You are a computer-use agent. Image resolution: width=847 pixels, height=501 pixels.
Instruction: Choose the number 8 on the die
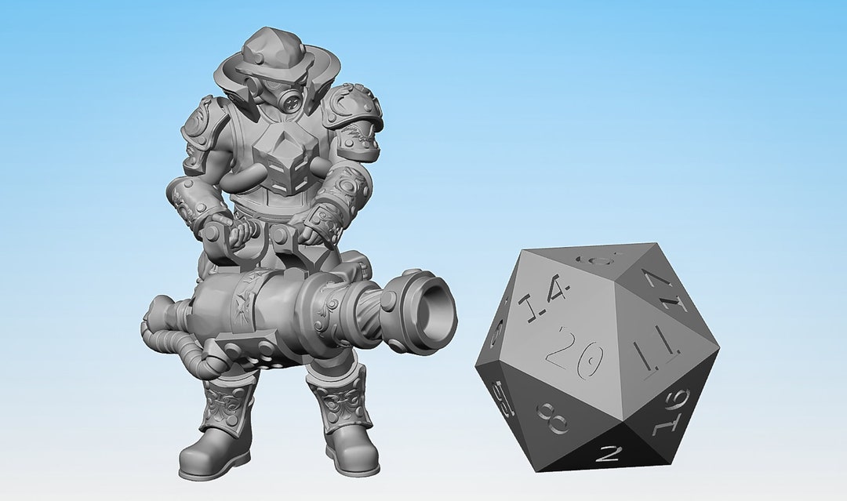click(x=553, y=419)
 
